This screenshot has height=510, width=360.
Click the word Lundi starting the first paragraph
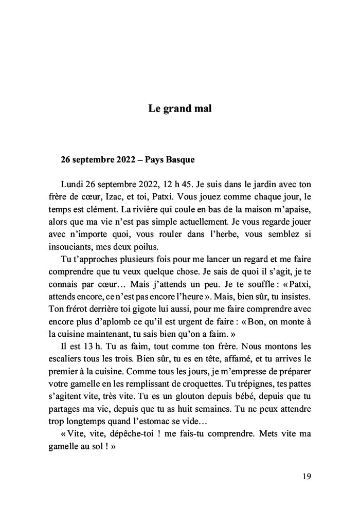72,184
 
